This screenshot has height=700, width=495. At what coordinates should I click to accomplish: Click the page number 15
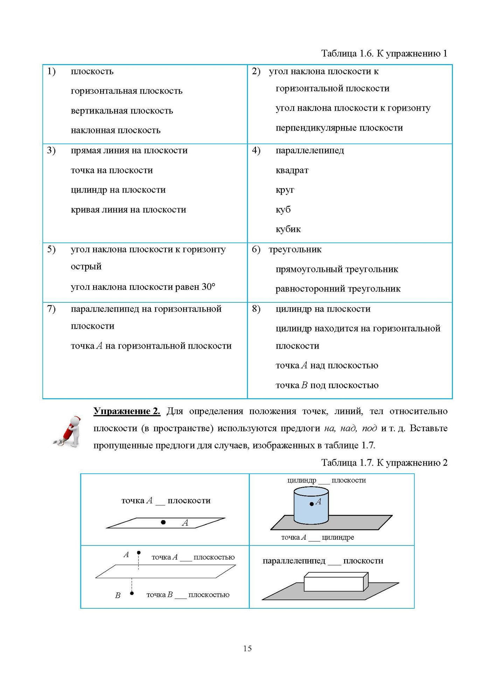click(x=247, y=648)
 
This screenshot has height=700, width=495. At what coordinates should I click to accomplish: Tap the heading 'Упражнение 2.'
click(x=127, y=411)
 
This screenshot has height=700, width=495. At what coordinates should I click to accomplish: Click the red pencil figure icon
click(x=69, y=431)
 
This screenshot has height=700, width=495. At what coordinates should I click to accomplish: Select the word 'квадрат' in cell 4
click(x=292, y=170)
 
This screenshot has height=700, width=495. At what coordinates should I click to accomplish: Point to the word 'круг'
click(x=285, y=190)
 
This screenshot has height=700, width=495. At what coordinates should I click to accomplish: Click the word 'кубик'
click(x=288, y=229)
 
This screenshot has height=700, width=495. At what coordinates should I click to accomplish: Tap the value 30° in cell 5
click(x=208, y=287)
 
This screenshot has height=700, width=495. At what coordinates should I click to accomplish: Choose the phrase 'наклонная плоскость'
click(x=116, y=130)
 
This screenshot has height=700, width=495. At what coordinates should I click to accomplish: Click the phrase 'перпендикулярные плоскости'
click(x=339, y=128)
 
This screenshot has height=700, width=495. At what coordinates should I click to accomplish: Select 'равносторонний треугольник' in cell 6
click(x=338, y=289)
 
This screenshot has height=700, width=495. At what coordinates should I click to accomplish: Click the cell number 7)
click(x=51, y=309)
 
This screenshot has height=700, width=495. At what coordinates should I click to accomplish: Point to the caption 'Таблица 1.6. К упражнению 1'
click(x=384, y=54)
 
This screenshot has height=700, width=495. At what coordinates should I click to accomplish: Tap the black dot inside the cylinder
click(x=312, y=504)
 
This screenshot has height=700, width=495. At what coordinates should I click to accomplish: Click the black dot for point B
click(x=132, y=593)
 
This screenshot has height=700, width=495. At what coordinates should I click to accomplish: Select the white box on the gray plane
click(x=335, y=582)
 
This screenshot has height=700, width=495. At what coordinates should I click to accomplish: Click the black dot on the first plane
click(x=163, y=522)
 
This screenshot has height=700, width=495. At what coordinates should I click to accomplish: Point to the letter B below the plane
click(x=118, y=595)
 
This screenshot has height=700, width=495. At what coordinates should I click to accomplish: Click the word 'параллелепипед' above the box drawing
click(x=294, y=561)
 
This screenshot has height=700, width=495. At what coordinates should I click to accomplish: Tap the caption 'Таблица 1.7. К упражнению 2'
click(x=384, y=463)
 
